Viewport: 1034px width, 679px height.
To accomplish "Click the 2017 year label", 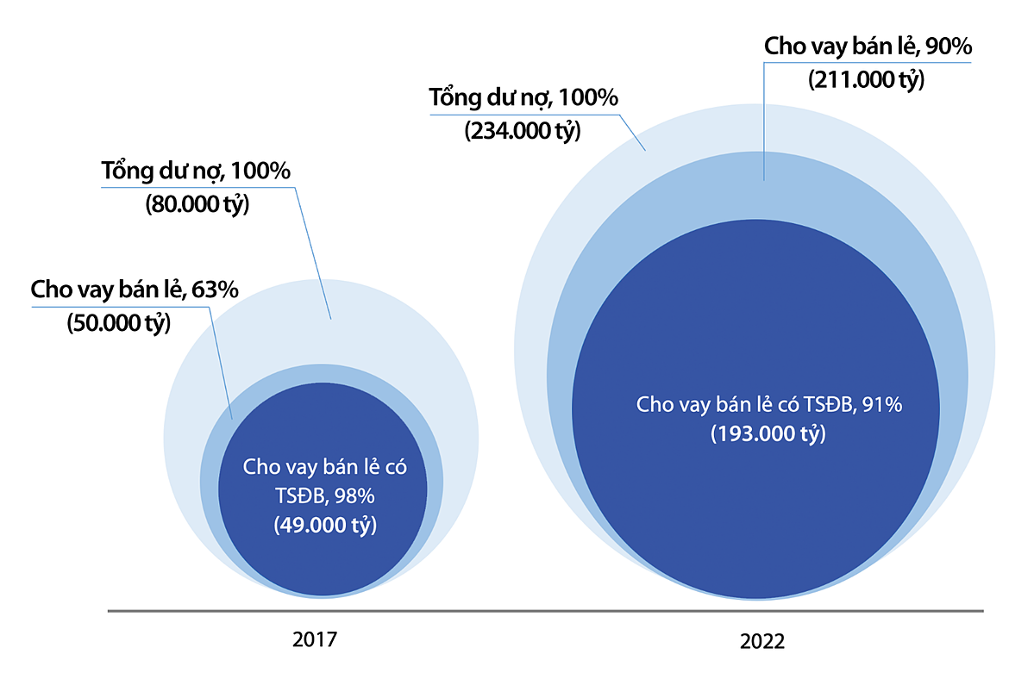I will coord(314,640).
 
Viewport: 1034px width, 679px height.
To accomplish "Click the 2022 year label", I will coord(762,642).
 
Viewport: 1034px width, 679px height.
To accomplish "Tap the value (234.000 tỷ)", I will coord(523,131).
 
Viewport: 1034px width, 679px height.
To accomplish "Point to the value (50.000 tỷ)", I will coord(118,323).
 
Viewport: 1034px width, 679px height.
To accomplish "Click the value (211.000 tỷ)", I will coord(866,79).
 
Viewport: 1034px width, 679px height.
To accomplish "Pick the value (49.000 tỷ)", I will coord(325,525).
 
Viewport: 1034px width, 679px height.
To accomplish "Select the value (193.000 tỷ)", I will coord(768,433).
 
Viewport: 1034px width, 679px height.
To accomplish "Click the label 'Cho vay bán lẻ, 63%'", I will coord(135,290).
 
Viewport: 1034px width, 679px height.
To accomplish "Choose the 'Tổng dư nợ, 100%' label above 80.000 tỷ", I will coord(197,171).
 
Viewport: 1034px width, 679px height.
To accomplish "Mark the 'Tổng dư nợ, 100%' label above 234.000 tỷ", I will coord(524,98).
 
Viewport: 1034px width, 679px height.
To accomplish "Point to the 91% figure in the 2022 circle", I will coord(882,404).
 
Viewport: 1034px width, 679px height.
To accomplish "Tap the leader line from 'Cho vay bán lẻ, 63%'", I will coord(221,362).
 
